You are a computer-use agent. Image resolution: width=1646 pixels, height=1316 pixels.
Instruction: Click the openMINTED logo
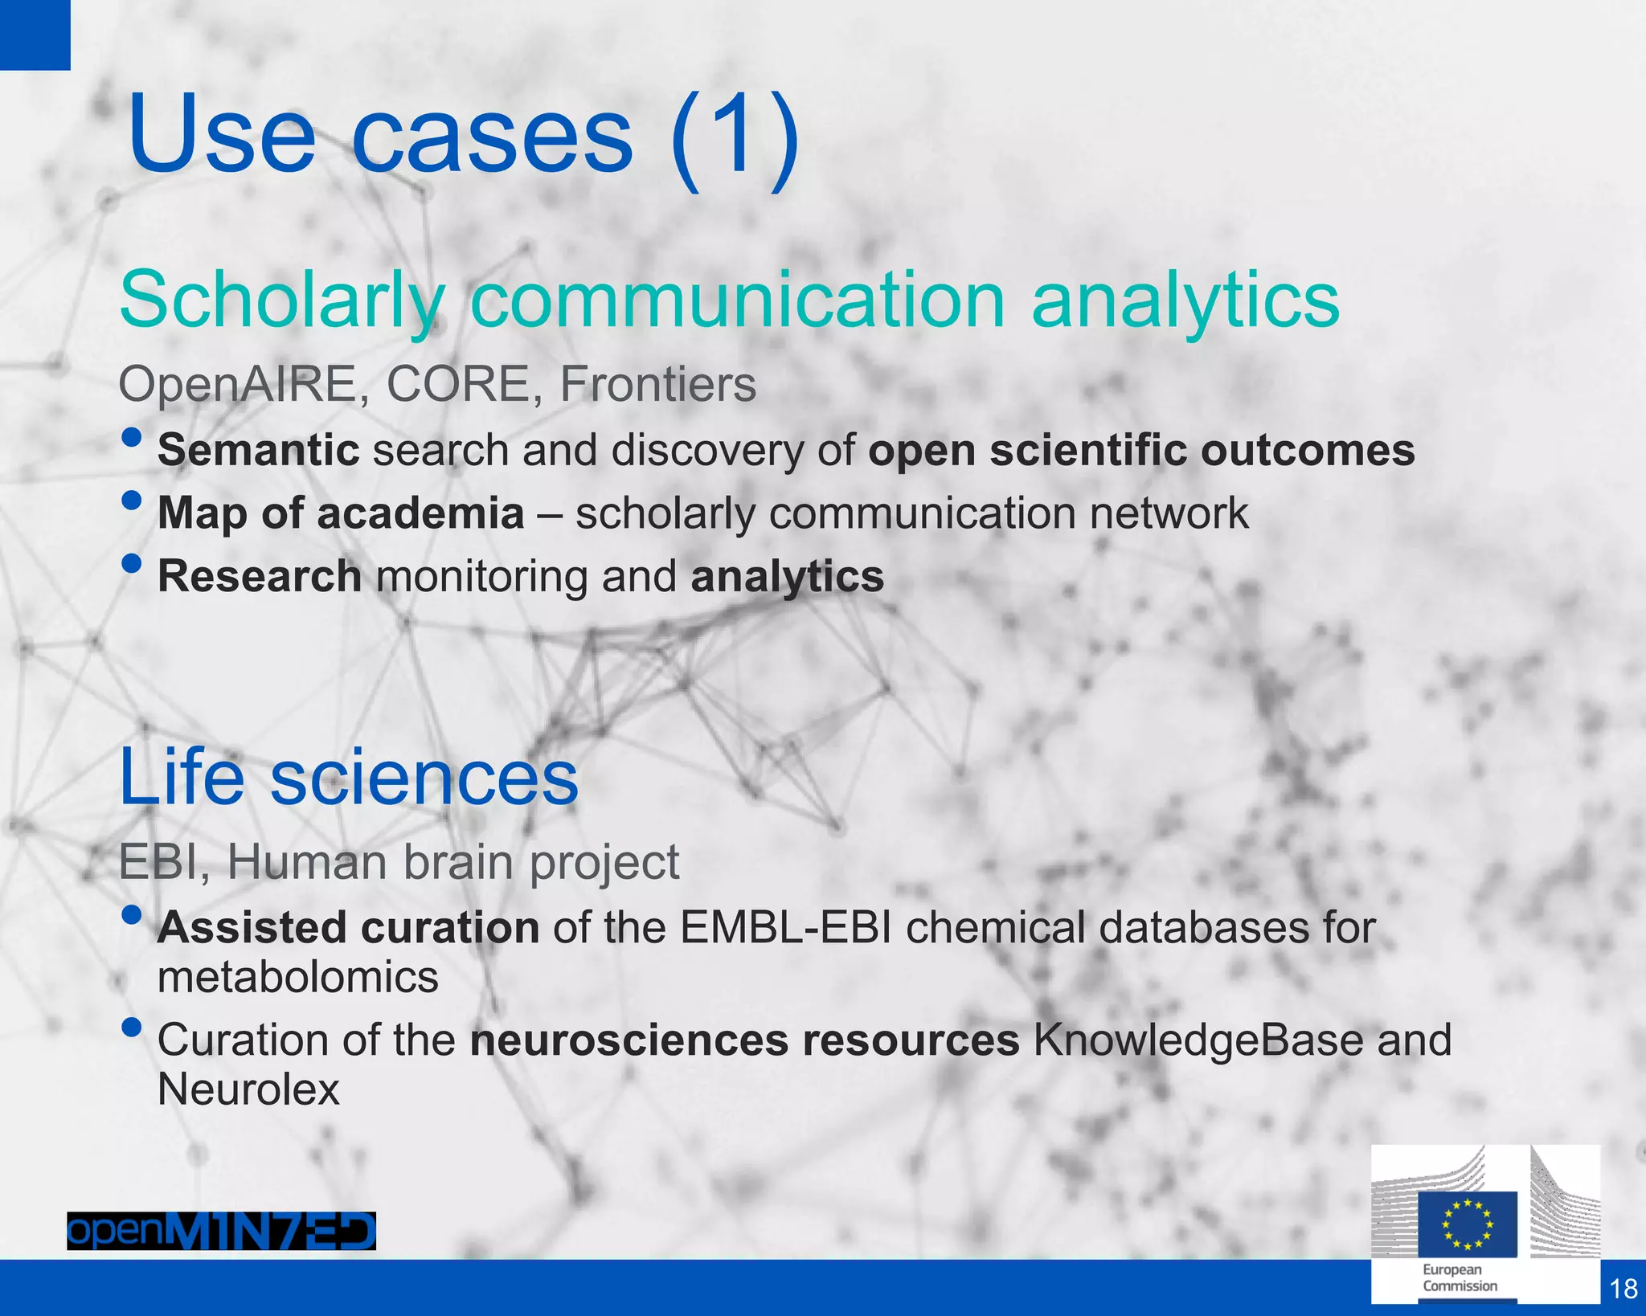221,1231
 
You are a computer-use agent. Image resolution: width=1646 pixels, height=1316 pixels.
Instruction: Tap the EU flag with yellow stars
1467,1224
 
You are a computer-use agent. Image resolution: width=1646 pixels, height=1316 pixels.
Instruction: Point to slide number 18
1623,1288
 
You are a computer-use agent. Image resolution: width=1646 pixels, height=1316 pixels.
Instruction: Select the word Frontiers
657,384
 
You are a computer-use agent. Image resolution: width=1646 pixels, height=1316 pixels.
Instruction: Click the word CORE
457,384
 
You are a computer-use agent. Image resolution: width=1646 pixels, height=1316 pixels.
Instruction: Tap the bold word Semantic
258,450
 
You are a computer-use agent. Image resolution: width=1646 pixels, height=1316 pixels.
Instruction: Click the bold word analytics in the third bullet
787,577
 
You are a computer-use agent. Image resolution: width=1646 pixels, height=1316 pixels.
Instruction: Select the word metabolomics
298,978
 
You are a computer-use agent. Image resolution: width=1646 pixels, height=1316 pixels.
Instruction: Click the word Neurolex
248,1089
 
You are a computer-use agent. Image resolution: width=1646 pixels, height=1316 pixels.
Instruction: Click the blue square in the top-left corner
35,35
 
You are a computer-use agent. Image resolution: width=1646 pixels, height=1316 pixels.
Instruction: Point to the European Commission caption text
1460,1277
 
